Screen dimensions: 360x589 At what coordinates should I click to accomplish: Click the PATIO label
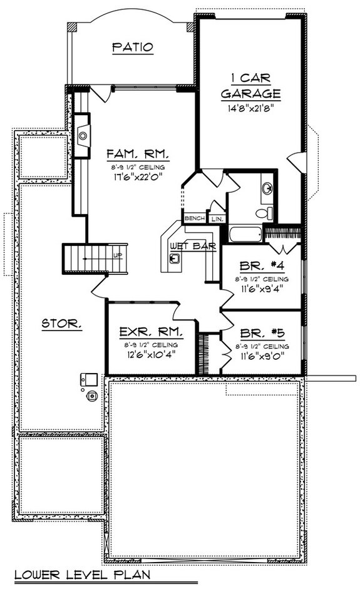[133, 48]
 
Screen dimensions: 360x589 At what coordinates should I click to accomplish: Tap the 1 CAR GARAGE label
[250, 86]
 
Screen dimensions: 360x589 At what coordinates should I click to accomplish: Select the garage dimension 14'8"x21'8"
[250, 108]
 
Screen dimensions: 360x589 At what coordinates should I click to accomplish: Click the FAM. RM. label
[138, 154]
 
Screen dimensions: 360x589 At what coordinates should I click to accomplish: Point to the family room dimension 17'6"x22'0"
[138, 177]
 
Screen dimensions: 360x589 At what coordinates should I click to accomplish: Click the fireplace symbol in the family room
[82, 136]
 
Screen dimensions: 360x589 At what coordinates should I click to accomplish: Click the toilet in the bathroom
[265, 213]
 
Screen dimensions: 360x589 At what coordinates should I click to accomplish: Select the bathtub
[245, 234]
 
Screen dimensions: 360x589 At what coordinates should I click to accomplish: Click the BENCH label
[195, 218]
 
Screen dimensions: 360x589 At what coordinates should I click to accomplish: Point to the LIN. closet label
[217, 218]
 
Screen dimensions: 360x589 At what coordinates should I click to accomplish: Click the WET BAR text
[193, 246]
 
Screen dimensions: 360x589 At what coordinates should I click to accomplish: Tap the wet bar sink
[175, 259]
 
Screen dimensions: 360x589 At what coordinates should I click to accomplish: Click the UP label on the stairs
[118, 255]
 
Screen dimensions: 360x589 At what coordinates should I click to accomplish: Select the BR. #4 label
[262, 266]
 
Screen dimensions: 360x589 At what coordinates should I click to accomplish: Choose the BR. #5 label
[262, 333]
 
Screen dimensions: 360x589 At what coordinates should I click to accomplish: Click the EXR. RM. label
[151, 332]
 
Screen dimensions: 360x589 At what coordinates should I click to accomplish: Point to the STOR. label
[61, 323]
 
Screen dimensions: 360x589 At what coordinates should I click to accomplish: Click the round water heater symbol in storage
[92, 396]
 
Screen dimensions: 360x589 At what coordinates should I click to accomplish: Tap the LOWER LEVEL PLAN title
[82, 575]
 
